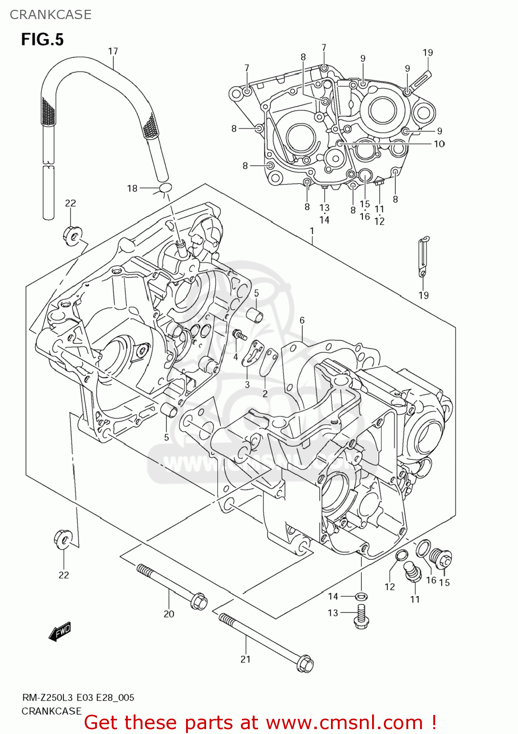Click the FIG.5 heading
point(42,39)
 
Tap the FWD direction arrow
point(60,632)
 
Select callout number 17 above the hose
point(113,51)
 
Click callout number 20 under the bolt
point(169,614)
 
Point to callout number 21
point(245,659)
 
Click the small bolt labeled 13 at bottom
point(361,616)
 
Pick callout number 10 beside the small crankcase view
point(439,143)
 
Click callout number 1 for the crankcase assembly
point(312,230)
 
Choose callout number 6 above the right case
point(302,321)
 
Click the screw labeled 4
point(240,335)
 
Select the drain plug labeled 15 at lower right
point(440,557)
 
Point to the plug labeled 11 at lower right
point(412,573)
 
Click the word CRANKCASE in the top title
point(50,15)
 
